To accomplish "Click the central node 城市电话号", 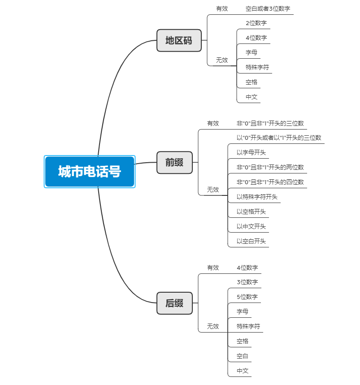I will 90,172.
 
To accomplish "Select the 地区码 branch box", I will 179,40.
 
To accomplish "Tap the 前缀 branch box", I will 174,162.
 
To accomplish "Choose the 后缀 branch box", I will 174,303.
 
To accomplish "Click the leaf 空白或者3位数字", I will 268,9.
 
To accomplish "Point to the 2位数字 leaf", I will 256,23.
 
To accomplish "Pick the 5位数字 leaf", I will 247,297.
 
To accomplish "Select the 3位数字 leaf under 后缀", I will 247,282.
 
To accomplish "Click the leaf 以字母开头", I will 251,152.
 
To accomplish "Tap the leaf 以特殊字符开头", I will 257,197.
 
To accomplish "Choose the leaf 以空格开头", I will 251,212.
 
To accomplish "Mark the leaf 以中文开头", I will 251,226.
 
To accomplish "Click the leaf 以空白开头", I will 251,241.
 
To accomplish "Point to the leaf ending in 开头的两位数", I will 270,167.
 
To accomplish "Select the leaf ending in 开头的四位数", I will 270,182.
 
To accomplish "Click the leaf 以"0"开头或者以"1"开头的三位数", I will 279,138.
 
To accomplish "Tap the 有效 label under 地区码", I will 222,9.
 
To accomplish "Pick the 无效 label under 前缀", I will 213,190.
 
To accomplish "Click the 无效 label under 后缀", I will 213,326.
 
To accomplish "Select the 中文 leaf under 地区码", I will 252,97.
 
